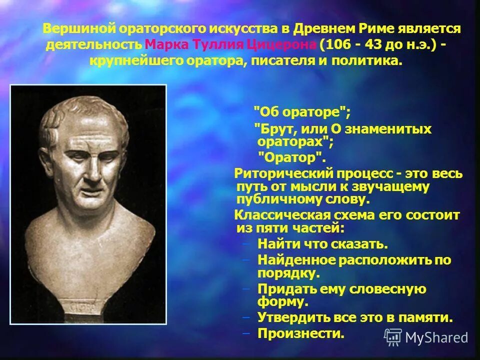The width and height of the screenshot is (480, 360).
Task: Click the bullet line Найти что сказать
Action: click(x=322, y=244)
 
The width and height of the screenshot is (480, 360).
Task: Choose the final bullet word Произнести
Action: click(x=301, y=333)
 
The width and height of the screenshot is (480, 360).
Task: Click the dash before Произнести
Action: click(x=245, y=333)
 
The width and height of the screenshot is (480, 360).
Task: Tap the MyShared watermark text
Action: click(x=436, y=338)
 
